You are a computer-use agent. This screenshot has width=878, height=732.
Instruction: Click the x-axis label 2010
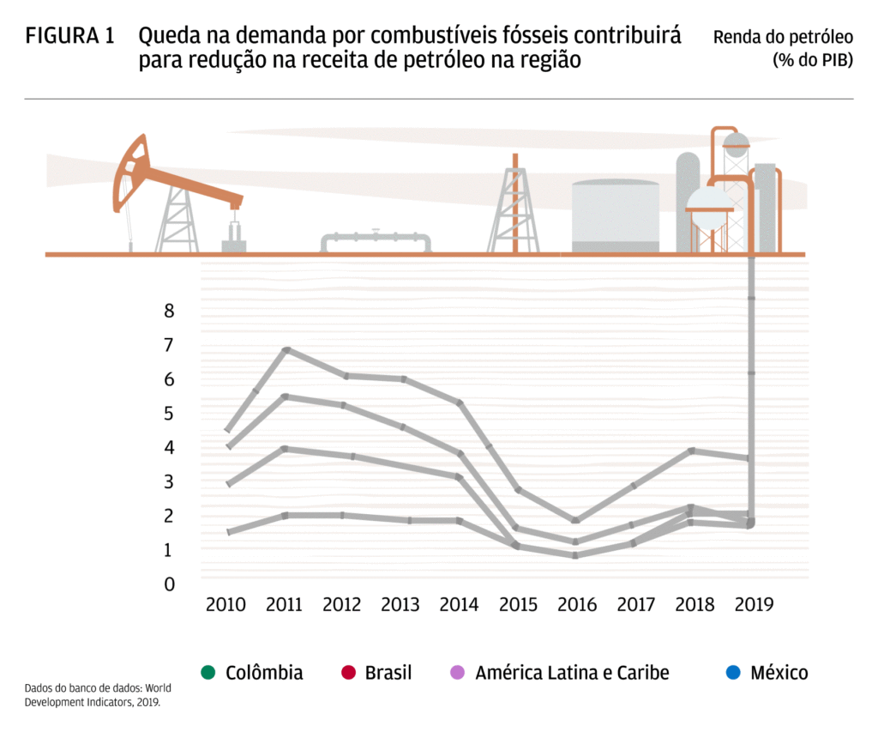coord(226,604)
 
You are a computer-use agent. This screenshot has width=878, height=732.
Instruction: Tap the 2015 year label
coord(517,604)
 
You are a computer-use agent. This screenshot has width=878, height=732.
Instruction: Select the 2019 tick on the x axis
coord(755,604)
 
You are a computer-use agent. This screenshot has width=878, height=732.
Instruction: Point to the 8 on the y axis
coord(169,311)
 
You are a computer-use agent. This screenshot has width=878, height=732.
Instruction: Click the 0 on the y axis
coord(169,584)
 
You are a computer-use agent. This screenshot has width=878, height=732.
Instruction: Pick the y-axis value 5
coord(169,414)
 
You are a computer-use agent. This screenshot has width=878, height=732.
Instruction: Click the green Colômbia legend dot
coord(207,672)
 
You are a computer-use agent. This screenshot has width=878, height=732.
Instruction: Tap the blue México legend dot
coord(732,672)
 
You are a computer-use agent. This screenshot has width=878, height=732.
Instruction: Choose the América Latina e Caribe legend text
coord(572,672)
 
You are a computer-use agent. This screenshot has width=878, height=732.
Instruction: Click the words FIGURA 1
coord(69,36)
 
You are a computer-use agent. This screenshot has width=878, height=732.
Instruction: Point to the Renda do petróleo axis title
coord(783,48)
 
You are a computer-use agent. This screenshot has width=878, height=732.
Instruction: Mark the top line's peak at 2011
coord(286,349)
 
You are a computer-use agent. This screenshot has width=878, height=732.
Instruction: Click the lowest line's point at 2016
coord(576,555)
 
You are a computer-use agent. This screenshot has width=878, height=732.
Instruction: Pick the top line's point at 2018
coord(693,451)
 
